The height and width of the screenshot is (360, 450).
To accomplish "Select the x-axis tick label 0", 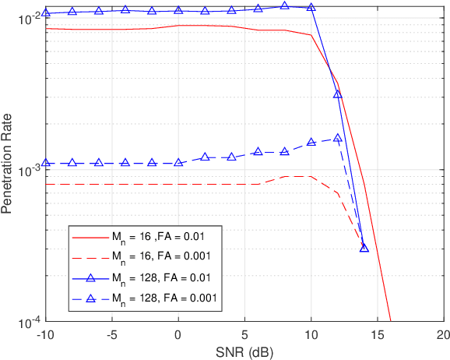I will [x=178, y=334].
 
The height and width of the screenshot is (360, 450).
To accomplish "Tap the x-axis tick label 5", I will [x=244, y=334].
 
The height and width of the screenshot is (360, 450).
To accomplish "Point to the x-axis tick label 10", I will [x=311, y=334].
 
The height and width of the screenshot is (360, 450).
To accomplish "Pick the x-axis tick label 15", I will [x=378, y=334].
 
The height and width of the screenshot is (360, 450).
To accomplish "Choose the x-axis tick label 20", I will [x=443, y=334].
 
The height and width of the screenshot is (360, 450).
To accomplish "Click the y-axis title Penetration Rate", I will [x=8, y=169].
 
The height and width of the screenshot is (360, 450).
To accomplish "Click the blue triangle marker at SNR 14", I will [x=364, y=248].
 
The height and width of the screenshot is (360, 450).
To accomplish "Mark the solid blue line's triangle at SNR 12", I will [x=338, y=94].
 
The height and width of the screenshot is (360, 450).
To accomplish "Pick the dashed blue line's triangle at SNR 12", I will [x=338, y=138].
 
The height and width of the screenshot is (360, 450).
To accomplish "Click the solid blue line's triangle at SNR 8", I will [x=284, y=5].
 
